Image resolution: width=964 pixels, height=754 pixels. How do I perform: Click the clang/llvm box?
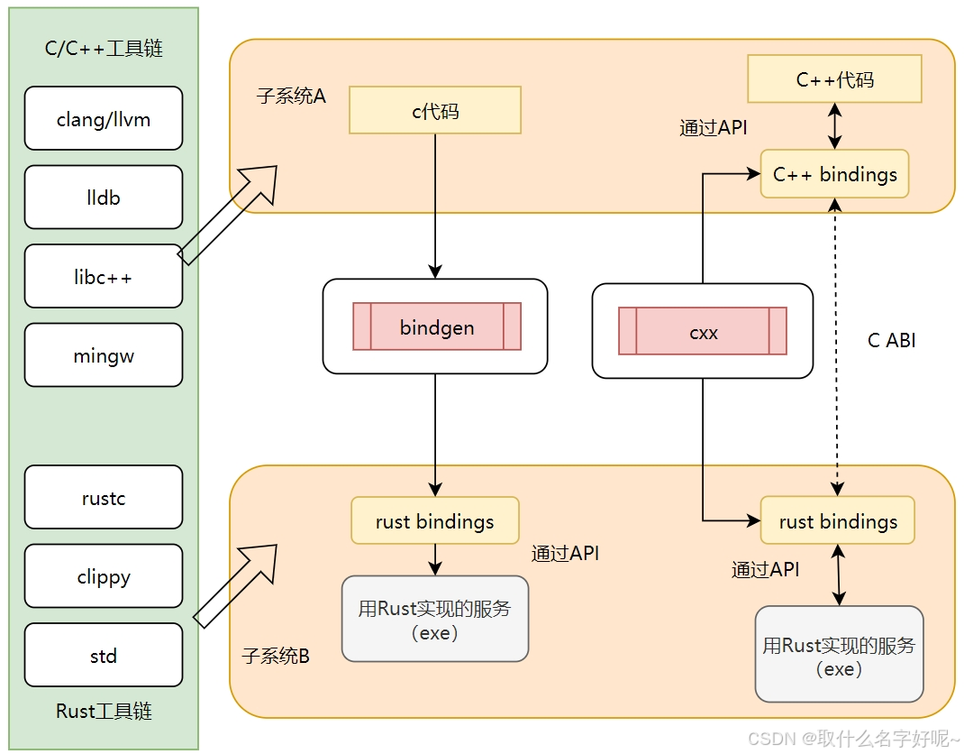[104, 118]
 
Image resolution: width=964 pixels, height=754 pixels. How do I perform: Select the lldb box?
[104, 197]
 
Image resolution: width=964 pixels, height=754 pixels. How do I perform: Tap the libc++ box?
[104, 276]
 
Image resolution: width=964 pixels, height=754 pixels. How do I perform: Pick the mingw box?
[104, 355]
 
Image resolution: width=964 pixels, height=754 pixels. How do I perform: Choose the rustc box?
[104, 497]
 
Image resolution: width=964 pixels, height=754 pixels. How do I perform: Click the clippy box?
[104, 575]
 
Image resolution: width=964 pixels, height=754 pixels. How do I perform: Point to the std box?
[104, 655]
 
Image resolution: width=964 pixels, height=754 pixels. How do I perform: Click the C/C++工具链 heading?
[104, 49]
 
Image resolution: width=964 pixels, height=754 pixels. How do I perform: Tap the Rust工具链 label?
[104, 711]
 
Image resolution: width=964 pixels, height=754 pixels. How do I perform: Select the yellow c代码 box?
[435, 110]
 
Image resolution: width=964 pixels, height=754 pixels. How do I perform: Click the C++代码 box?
[834, 79]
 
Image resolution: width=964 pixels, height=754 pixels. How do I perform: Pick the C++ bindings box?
[834, 174]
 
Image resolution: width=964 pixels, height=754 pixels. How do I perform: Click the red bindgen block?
[436, 326]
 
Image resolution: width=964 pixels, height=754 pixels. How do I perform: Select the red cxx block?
[703, 331]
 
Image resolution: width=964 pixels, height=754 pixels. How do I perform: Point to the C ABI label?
[891, 340]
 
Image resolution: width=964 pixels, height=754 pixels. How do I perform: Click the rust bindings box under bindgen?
[435, 520]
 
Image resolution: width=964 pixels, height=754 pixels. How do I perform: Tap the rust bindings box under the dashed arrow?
[838, 520]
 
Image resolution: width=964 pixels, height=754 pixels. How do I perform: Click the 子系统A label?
[290, 96]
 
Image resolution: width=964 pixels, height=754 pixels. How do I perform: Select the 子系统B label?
[276, 656]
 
